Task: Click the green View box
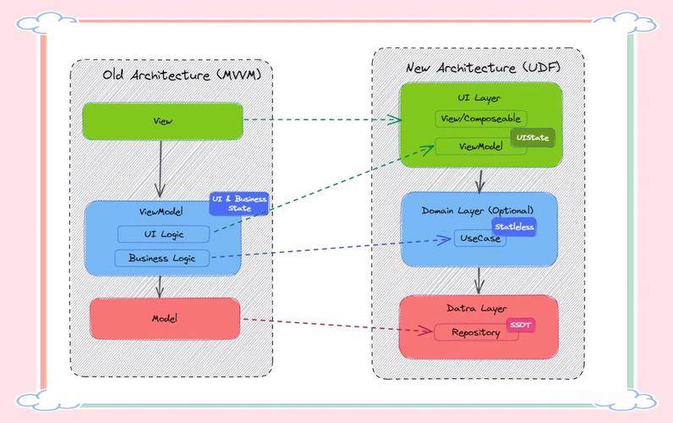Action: pos(162,121)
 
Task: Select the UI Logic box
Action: pos(162,233)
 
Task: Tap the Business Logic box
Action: pos(161,257)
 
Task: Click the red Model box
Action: pos(164,318)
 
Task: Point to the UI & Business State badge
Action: pos(239,203)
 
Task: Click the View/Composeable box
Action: pos(480,119)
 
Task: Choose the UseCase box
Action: pos(479,239)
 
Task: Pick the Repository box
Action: pos(474,332)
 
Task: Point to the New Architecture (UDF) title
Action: pos(483,67)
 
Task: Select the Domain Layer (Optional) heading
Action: pos(479,209)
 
